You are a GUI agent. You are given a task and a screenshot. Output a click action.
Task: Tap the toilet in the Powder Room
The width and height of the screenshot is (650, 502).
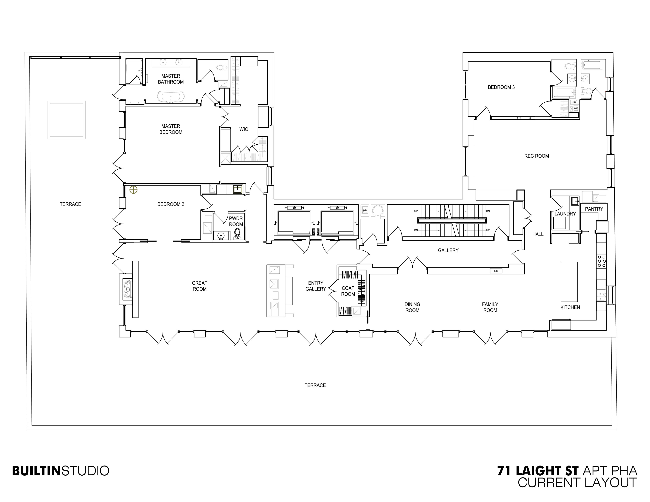[x=237, y=234]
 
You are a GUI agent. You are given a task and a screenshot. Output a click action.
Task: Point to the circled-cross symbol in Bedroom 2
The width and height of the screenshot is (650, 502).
[x=133, y=190]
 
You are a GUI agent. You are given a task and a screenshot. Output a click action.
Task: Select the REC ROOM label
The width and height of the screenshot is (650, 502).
[x=536, y=156]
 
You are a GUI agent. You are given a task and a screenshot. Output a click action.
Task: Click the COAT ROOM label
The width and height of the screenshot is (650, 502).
[x=348, y=291]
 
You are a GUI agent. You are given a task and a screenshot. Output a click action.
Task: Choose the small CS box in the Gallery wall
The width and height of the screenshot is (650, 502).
[x=496, y=271]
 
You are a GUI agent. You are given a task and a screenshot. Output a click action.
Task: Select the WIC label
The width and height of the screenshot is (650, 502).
[x=243, y=129]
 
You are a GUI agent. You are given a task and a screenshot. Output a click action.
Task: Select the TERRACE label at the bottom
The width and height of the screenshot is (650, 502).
[x=315, y=385]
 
